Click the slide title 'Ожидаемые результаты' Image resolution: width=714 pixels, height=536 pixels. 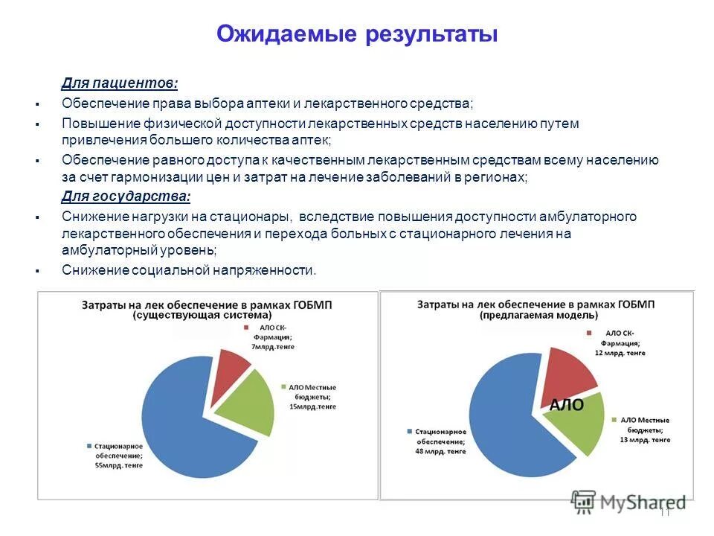click(x=356, y=34)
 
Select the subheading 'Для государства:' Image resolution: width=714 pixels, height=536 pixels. click(x=125, y=197)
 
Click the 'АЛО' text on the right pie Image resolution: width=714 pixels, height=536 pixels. click(x=566, y=406)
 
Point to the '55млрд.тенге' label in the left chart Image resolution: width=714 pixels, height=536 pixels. click(x=120, y=465)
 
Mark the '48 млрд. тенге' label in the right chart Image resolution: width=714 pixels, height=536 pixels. click(x=440, y=451)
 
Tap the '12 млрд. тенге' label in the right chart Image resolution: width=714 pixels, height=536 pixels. click(x=619, y=352)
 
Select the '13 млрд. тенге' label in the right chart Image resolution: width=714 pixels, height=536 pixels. click(x=645, y=440)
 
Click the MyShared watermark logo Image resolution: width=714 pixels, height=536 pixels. click(x=628, y=502)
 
